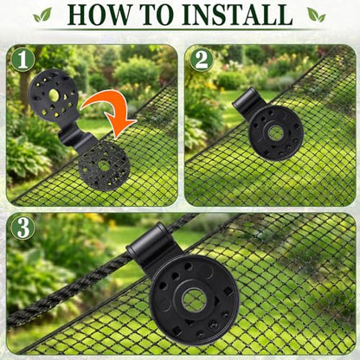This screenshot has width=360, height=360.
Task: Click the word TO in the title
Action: click(x=154, y=15)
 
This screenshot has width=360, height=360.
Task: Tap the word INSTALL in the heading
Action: click(x=237, y=15)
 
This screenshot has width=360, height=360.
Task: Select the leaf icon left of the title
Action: click(x=42, y=15)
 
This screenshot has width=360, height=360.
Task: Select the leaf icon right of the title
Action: click(x=317, y=15)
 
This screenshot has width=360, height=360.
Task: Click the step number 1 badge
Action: click(x=22, y=61)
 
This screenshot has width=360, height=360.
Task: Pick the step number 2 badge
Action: click(x=202, y=61)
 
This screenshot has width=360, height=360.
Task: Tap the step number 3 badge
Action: click(x=22, y=228)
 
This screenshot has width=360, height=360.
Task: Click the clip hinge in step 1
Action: click(x=75, y=139)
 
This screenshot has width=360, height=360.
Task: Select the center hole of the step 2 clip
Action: click(x=275, y=132)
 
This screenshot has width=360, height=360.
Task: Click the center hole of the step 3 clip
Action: click(x=194, y=300)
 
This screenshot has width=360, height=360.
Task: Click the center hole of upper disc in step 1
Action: click(x=54, y=95)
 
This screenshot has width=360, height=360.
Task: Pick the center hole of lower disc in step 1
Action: click(x=103, y=165)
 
